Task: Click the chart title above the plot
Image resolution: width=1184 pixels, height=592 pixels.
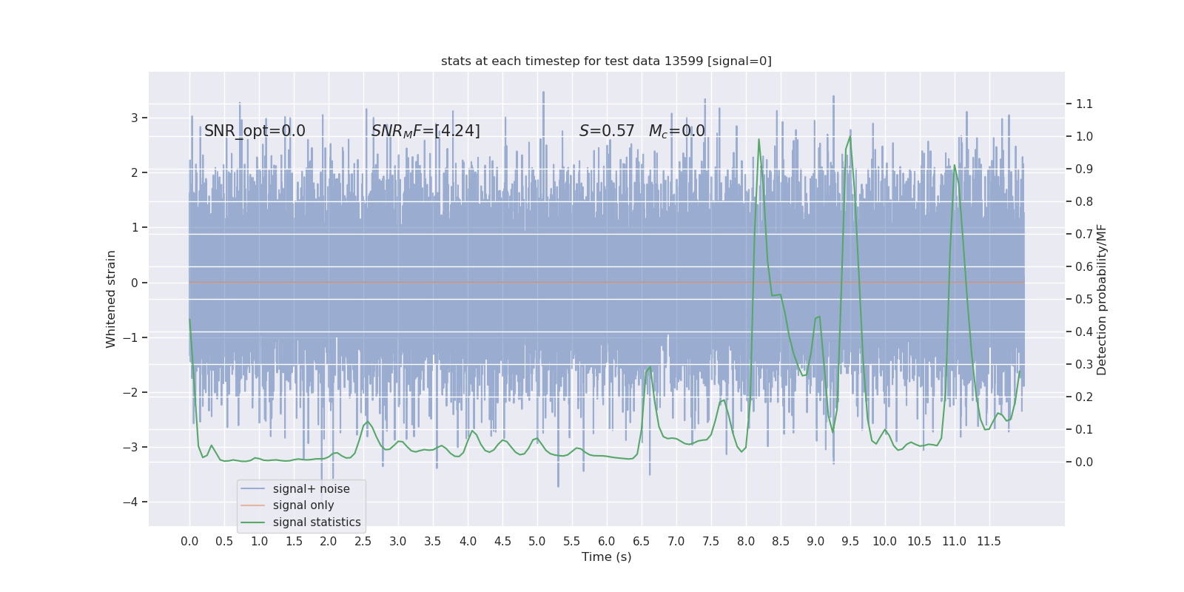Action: [606, 61]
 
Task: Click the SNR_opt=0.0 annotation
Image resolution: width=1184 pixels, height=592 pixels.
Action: [255, 131]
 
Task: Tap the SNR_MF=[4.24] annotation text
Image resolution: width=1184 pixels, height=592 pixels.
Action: [425, 131]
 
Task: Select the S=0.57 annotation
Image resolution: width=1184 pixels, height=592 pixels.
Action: [607, 131]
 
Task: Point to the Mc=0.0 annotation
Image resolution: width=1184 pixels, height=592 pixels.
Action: [676, 131]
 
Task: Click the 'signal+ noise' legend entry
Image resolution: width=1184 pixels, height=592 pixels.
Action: [311, 489]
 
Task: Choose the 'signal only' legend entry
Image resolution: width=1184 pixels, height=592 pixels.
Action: [303, 505]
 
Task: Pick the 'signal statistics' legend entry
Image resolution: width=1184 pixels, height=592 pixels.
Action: [317, 522]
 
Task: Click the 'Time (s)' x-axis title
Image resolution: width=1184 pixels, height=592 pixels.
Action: [606, 557]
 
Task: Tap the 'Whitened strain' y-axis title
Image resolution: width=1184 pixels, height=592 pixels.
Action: [111, 299]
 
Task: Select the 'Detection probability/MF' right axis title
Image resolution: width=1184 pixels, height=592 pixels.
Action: [1102, 300]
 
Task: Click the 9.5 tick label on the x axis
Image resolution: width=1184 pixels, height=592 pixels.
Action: [850, 542]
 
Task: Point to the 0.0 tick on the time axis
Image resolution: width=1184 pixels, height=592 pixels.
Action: [189, 542]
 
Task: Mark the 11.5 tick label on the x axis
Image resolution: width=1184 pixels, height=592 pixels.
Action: [989, 542]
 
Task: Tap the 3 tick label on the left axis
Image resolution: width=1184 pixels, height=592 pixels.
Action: [135, 118]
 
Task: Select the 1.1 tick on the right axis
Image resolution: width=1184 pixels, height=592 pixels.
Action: [1084, 104]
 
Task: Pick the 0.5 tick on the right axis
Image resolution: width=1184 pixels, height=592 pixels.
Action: [1084, 300]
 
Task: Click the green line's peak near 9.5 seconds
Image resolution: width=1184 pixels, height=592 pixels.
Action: [850, 137]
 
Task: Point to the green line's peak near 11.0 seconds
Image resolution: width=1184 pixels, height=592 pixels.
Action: [955, 165]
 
